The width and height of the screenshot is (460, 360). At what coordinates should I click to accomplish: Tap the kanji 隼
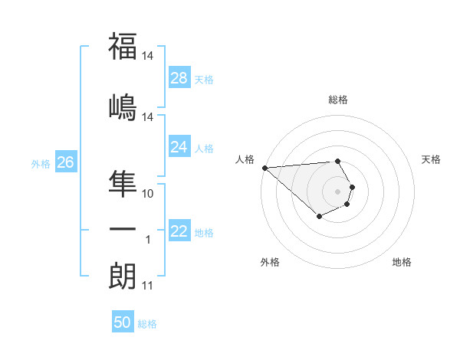click(123, 182)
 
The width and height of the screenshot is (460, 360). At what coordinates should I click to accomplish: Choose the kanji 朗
click(123, 275)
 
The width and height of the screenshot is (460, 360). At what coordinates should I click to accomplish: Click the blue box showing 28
click(179, 78)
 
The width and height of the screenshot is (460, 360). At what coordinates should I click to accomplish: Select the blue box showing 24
click(179, 147)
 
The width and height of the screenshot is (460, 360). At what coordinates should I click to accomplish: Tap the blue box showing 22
click(179, 231)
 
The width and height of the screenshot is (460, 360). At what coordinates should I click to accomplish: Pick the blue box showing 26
click(66, 162)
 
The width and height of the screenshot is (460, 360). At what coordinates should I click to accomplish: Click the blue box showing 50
click(123, 323)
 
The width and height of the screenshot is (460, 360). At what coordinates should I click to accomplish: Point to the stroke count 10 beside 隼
click(148, 194)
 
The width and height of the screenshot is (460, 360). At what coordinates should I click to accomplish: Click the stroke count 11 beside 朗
click(148, 286)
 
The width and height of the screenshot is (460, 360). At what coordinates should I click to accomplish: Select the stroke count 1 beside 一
click(149, 241)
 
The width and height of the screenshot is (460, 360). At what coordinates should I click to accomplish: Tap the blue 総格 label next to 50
click(148, 324)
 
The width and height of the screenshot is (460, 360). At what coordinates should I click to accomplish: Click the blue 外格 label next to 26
click(41, 163)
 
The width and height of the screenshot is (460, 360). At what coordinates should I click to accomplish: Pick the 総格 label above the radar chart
click(338, 100)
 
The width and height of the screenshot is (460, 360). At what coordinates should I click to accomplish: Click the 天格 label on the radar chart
click(432, 159)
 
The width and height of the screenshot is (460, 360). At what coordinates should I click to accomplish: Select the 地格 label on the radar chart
click(402, 262)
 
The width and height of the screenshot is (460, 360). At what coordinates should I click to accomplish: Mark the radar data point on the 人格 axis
click(264, 168)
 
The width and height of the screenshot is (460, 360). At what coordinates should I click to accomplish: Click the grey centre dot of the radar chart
click(338, 191)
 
